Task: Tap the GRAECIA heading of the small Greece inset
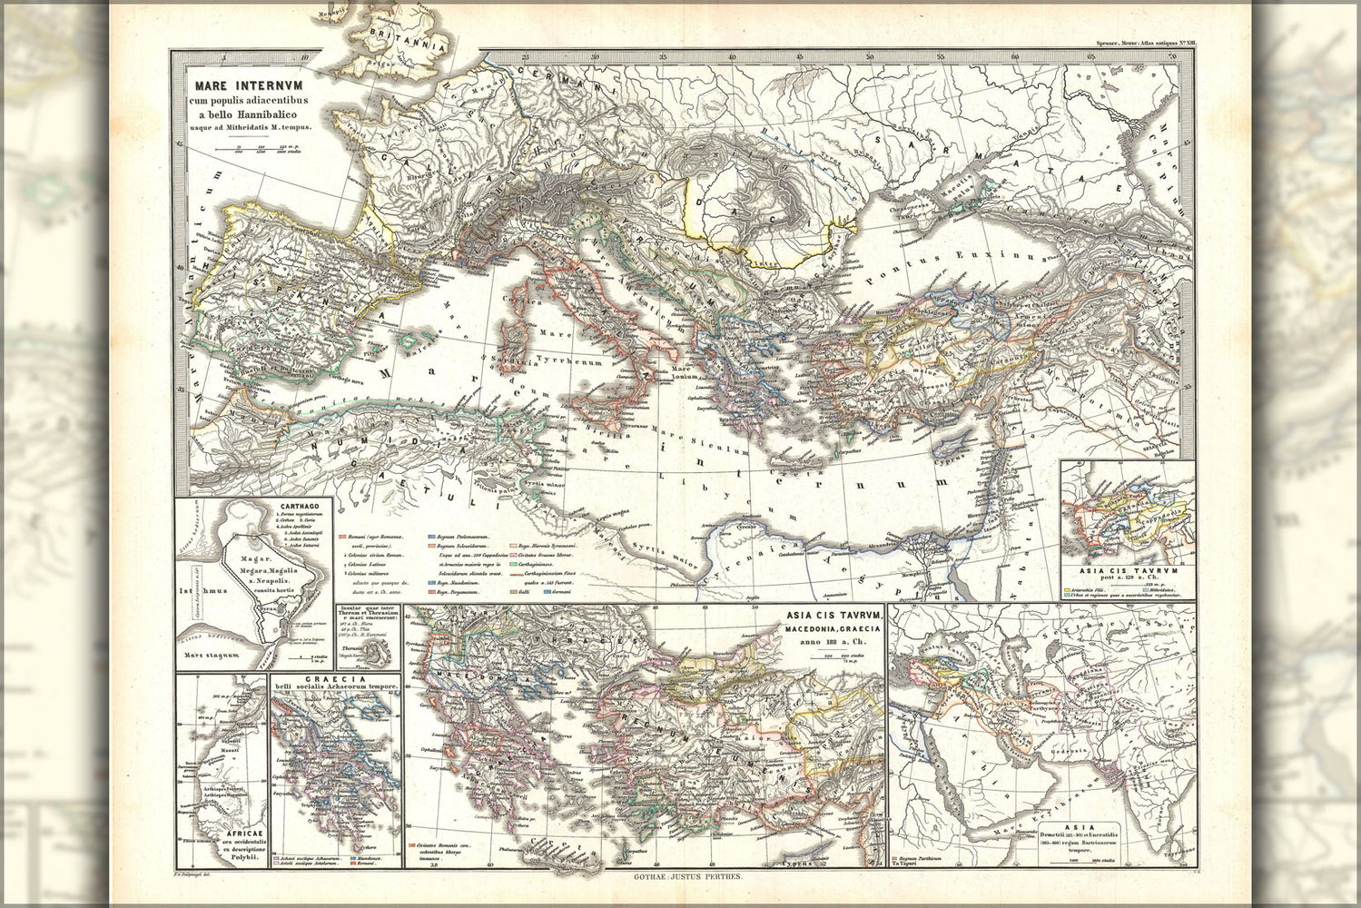pyautogui.click(x=335, y=679)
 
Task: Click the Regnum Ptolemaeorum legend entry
pyautogui.click(x=463, y=539)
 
